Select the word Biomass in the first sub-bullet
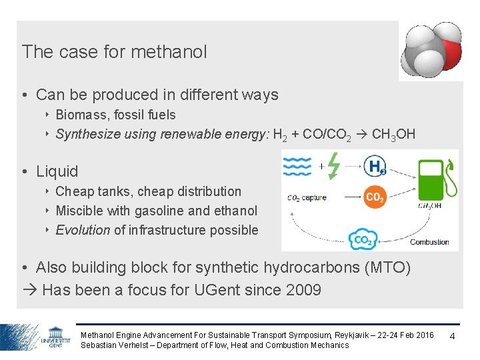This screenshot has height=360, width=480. [x=81, y=115]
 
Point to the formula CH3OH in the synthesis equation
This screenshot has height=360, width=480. [x=393, y=135]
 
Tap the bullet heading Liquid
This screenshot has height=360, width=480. [x=57, y=171]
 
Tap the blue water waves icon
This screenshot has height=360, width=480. [x=297, y=165]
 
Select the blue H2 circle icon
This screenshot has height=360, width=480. [x=375, y=165]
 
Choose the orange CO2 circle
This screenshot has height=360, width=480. [x=375, y=197]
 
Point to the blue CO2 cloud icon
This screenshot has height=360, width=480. [x=363, y=239]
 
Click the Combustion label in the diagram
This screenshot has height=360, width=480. [x=429, y=242]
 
